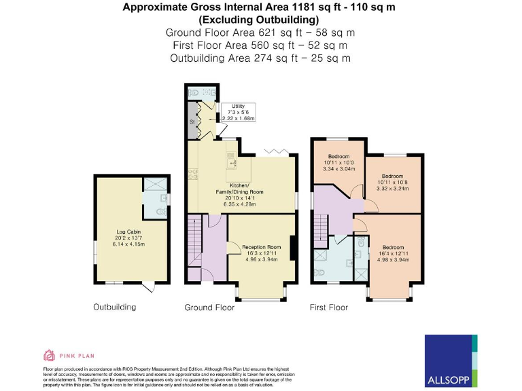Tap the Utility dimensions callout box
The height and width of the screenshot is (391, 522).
coord(238,113)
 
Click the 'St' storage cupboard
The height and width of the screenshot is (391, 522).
coord(192,122)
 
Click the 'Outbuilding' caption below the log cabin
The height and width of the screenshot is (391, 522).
coord(114,308)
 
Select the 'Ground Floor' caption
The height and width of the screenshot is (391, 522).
coord(209,308)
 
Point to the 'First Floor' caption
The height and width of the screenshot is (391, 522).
coord(329,308)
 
